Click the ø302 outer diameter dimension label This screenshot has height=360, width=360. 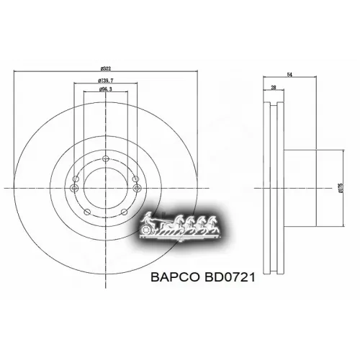point(105,64)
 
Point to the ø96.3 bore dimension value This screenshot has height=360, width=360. point(105,91)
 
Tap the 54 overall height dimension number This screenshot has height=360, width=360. point(290,73)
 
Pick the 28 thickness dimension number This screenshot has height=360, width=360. point(274,87)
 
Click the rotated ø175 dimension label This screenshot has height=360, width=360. point(340,189)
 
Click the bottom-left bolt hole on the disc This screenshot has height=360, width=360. point(86,212)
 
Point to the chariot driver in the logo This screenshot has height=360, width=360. point(150,218)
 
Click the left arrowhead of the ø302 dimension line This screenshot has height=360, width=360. point(16,70)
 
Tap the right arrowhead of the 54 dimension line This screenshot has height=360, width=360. point(318,78)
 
